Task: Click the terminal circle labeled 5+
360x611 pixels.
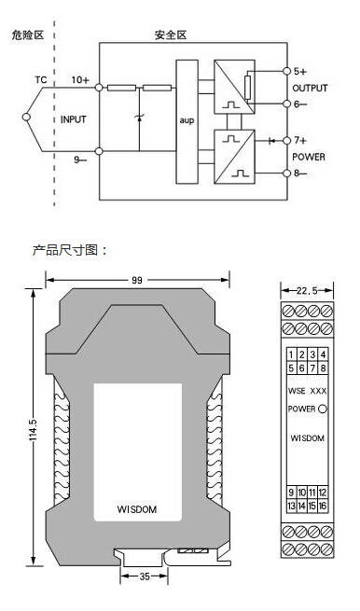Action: (286, 71)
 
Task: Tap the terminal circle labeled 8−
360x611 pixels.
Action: (286, 173)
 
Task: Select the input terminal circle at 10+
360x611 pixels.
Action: (99, 88)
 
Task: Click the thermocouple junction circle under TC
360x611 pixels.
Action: (26, 117)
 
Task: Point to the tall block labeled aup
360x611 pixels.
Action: (187, 121)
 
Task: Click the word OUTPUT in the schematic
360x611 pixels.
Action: (310, 88)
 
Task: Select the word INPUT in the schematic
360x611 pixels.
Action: (74, 119)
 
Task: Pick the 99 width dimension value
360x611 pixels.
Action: (137, 280)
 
